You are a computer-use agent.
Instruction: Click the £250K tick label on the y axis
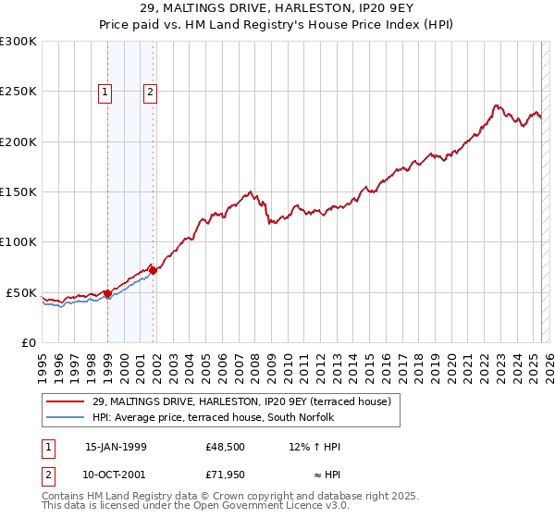18,92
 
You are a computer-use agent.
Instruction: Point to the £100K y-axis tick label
18,241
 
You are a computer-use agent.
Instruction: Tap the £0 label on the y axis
28,342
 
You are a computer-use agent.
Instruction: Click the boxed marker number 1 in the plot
105,91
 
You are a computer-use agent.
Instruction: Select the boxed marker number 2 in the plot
149,91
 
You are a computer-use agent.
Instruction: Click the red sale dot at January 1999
108,293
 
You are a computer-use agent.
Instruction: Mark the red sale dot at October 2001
154,270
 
